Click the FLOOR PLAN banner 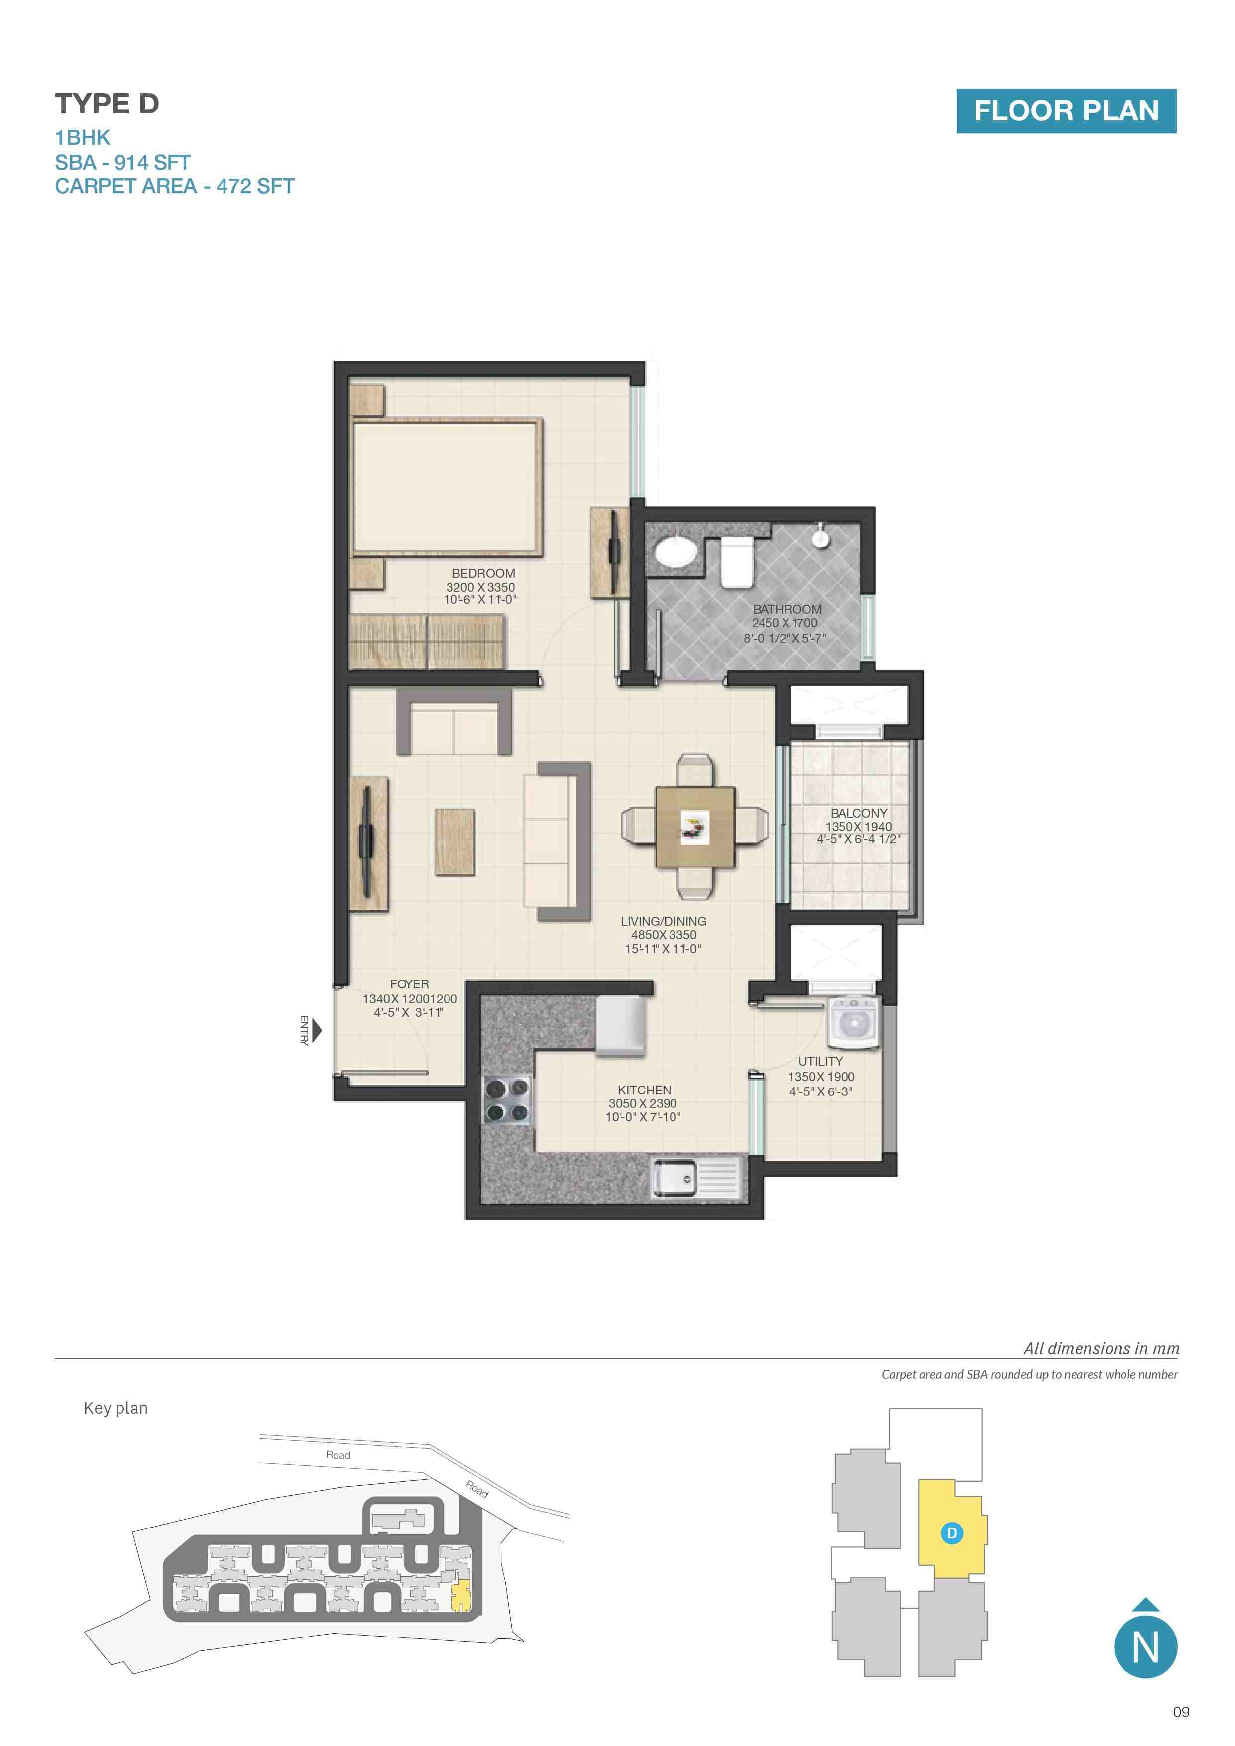[1066, 111]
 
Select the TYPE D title [107, 104]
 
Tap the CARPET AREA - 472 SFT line [174, 186]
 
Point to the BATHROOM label [787, 609]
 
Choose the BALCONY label [859, 813]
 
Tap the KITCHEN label [644, 1090]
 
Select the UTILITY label [820, 1061]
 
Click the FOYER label [409, 984]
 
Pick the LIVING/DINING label [663, 921]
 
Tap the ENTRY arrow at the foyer [317, 1031]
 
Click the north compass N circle [1145, 1647]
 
